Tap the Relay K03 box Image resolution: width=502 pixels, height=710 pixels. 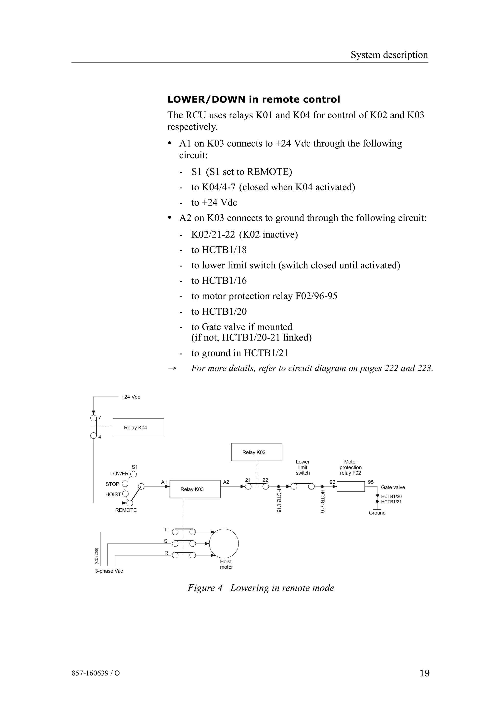195,489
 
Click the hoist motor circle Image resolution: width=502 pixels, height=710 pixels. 224,544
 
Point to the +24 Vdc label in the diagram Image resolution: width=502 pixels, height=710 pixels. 131,397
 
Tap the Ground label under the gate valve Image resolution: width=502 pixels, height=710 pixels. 377,513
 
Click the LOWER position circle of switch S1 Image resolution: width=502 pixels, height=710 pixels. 134,474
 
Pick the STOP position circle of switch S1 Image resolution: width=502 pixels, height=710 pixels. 125,484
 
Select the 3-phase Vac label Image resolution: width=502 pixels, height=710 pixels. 109,571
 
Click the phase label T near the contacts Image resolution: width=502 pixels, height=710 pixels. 165,530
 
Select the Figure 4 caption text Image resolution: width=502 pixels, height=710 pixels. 261,588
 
